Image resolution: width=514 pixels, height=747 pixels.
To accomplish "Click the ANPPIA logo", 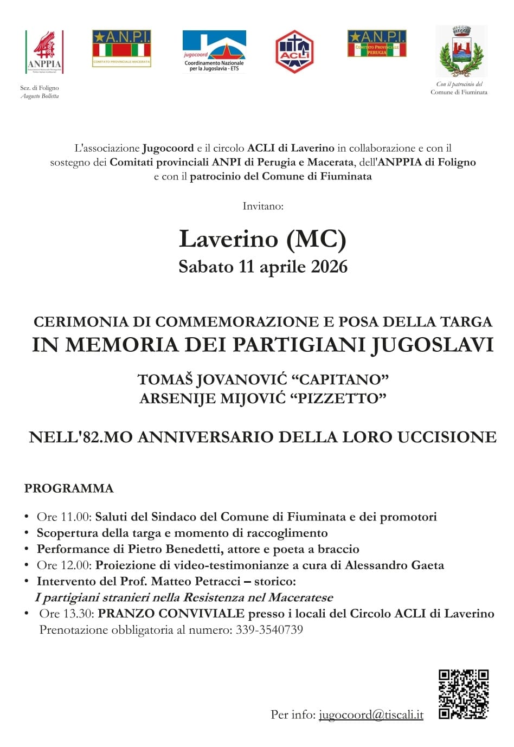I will (44, 52).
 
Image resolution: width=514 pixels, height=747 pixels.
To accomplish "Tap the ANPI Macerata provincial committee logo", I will (121, 48).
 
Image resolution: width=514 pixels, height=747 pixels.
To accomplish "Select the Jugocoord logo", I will (214, 51).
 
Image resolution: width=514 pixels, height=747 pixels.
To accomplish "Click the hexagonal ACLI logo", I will (294, 52).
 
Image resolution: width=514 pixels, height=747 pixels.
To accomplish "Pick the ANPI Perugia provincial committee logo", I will (377, 44).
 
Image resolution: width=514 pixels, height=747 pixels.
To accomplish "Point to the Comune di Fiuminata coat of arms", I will (461, 52).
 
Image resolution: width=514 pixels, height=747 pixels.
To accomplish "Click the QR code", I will (463, 694).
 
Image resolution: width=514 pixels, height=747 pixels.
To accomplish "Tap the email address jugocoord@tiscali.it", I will (371, 714).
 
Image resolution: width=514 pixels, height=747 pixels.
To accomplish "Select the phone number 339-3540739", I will (269, 630).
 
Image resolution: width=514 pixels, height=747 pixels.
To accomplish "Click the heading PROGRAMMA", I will (69, 488).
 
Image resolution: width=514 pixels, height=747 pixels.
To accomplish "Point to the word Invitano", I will (263, 206).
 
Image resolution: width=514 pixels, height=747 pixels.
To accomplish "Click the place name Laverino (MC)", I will (262, 239).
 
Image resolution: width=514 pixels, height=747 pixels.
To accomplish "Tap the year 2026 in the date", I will (329, 267).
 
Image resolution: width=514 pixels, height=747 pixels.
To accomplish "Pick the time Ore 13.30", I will (66, 614).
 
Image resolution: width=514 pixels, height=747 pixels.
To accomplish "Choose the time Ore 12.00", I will (64, 565).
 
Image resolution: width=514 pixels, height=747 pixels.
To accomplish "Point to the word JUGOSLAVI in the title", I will (433, 345).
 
